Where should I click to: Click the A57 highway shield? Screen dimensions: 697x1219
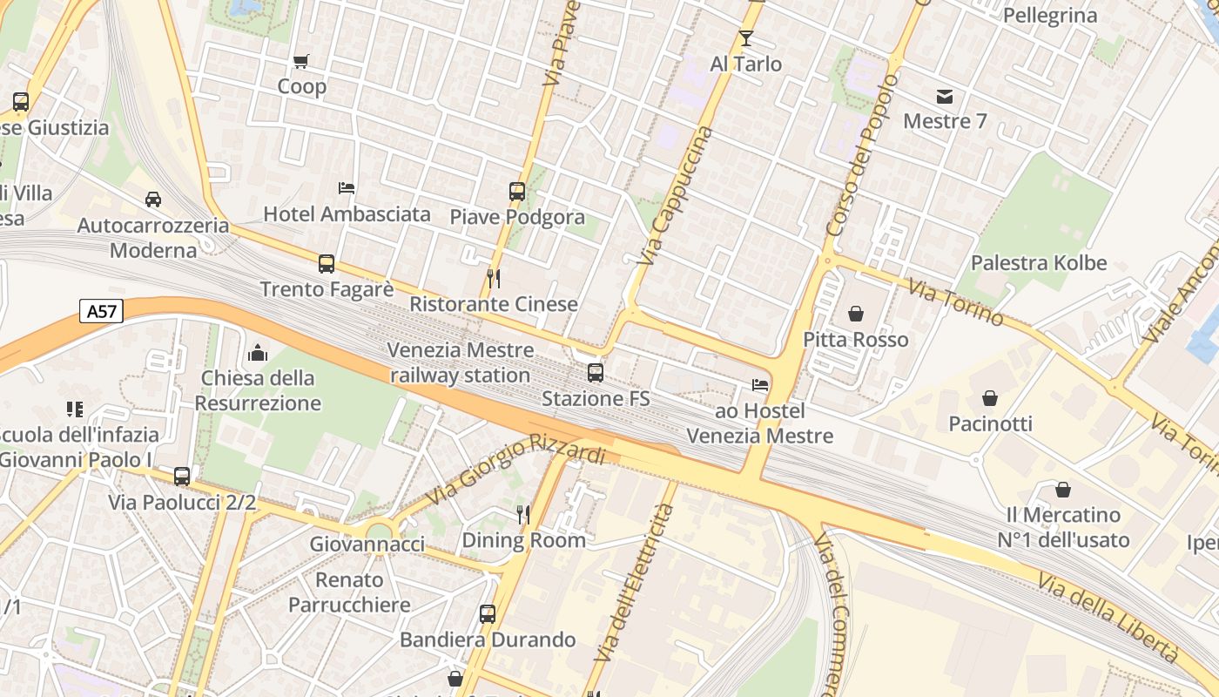[102, 311]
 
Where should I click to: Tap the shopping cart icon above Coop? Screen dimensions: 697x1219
[301, 61]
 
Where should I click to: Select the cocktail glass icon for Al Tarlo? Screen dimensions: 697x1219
[745, 37]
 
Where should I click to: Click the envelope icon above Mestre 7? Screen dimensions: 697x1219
[945, 96]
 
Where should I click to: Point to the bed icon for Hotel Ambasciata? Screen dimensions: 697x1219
[347, 188]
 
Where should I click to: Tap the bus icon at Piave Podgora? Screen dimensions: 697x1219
[517, 192]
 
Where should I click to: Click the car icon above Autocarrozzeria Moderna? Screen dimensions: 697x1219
[153, 200]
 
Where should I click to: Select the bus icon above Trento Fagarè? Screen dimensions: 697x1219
[327, 264]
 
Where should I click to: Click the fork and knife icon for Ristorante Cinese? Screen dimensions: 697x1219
[494, 279]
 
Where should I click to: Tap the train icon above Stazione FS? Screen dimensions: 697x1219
[596, 373]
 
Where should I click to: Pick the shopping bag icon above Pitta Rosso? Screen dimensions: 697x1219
[856, 314]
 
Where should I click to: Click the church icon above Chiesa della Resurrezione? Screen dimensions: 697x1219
[258, 353]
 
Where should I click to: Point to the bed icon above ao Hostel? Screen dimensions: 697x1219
[760, 385]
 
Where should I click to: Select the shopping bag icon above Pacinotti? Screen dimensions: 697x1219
[990, 398]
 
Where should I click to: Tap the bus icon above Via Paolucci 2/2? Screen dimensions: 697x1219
[182, 477]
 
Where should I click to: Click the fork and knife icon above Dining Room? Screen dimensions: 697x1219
[523, 515]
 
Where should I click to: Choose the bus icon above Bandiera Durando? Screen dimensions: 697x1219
[488, 614]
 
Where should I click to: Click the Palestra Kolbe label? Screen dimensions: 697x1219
[1039, 263]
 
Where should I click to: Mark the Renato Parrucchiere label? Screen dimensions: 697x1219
[349, 592]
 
